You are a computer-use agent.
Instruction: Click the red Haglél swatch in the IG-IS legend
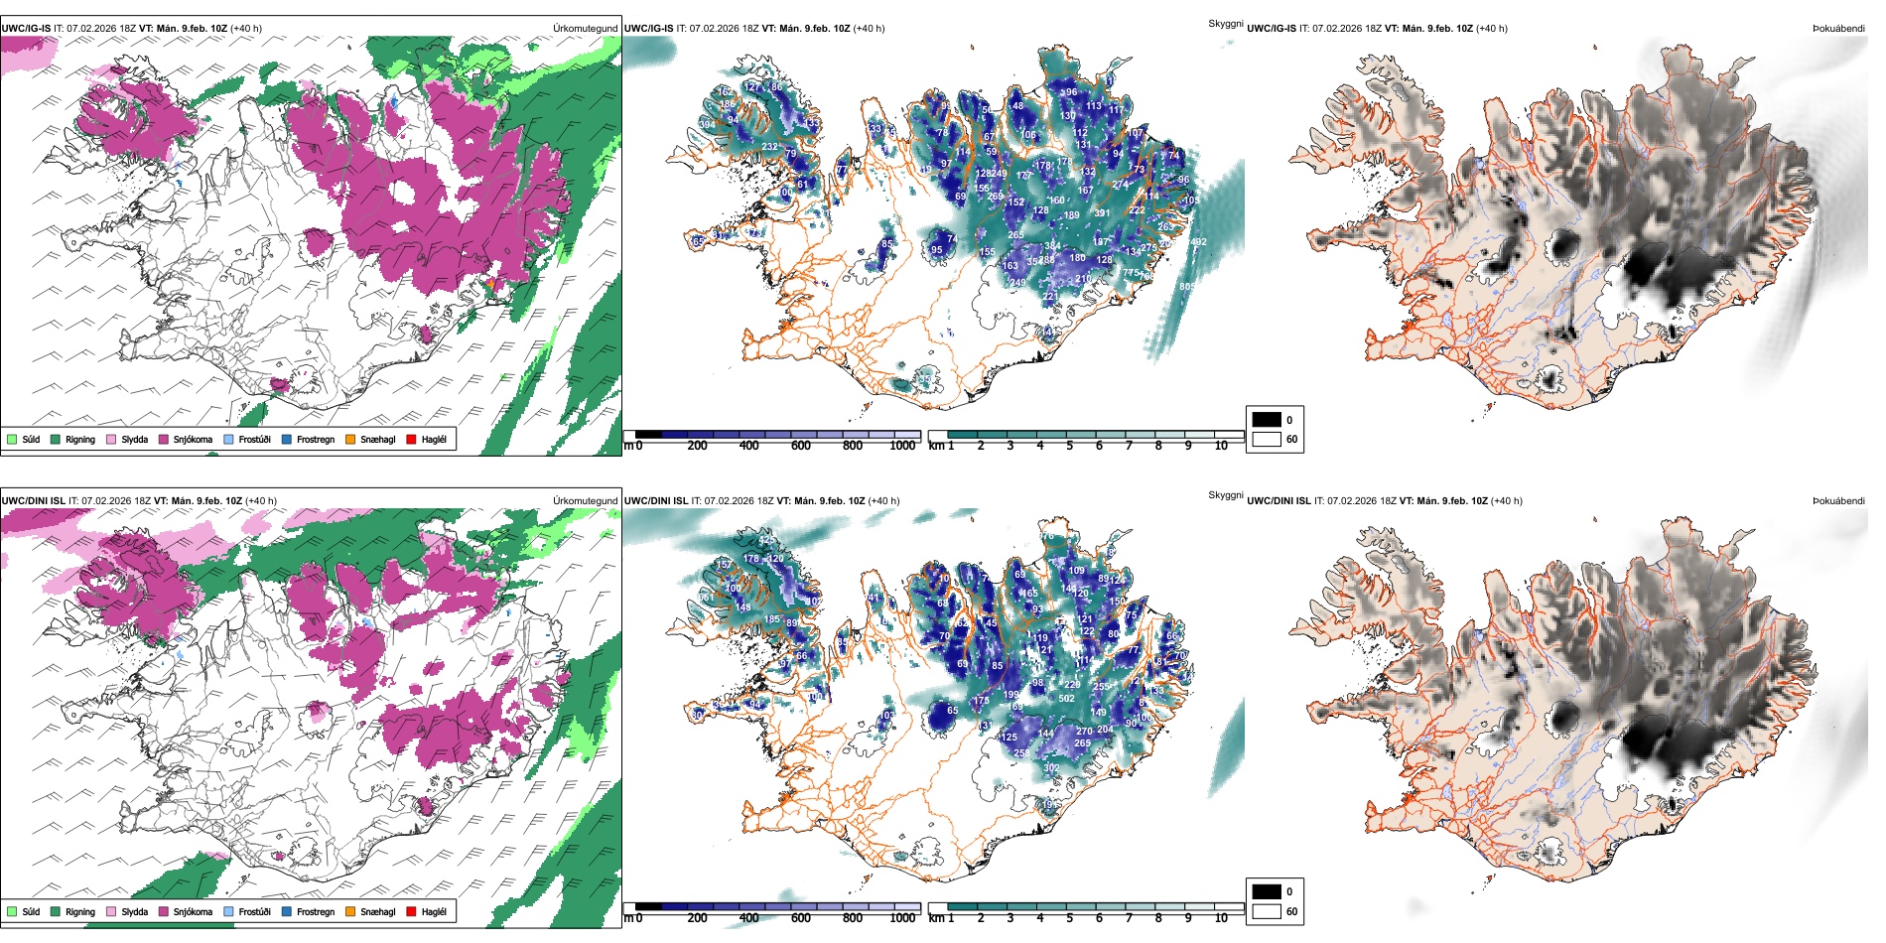(411, 439)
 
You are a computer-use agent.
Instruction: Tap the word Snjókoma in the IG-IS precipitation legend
(193, 439)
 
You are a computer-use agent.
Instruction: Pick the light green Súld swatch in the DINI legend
(12, 911)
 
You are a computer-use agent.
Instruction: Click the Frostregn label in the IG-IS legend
(316, 439)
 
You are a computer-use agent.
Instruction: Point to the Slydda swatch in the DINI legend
(111, 911)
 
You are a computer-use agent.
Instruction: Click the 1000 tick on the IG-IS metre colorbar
(902, 446)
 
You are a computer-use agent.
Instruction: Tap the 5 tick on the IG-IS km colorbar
(1069, 446)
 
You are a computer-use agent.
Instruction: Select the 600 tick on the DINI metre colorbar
(801, 918)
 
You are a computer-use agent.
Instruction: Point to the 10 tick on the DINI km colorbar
(1221, 918)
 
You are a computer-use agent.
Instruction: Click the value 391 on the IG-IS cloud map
(1102, 213)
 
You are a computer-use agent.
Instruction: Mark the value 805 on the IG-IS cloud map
(1187, 287)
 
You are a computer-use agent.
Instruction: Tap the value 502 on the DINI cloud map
(1067, 699)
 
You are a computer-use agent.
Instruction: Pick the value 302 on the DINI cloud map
(1051, 768)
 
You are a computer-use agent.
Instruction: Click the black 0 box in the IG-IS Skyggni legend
(1267, 420)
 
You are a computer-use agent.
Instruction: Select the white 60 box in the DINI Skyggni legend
(1267, 911)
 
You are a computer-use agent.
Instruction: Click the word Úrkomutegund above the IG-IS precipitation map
(586, 29)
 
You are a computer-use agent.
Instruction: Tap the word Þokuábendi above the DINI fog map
(1838, 501)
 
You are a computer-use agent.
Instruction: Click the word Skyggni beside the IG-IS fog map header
(1225, 23)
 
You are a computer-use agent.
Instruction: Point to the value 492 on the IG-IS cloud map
(1198, 242)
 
